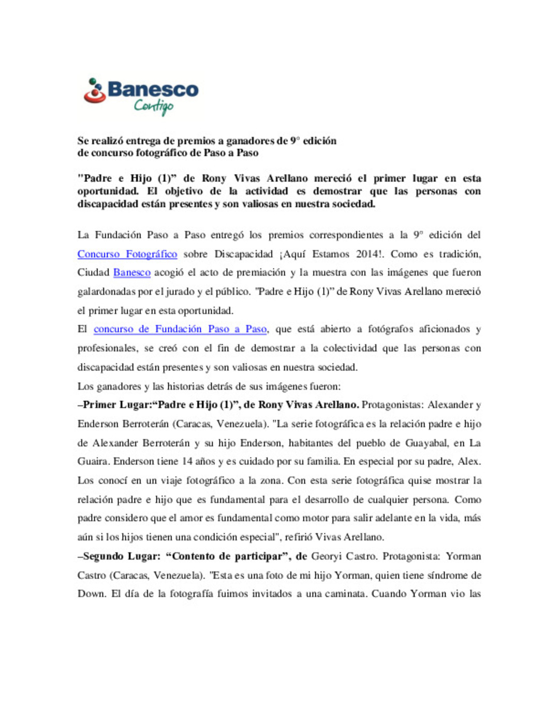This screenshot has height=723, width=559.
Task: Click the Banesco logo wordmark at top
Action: coord(153,89)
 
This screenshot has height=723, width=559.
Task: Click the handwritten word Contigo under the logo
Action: coord(154,107)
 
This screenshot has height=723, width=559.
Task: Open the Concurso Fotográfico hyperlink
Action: coord(127,254)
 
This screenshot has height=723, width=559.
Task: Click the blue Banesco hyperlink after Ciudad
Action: coord(131,273)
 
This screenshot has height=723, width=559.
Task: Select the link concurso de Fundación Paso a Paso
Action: coord(180,329)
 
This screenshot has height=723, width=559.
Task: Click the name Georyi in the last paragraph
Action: coord(326,556)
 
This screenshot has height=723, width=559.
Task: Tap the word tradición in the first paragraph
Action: coord(459,254)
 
